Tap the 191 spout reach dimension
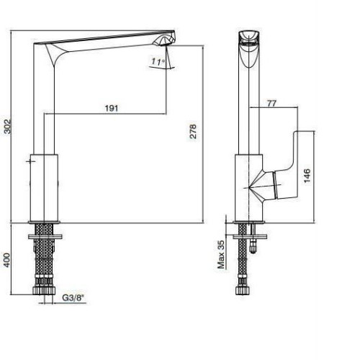point(112,108)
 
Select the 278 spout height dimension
point(193,131)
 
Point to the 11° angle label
point(158,62)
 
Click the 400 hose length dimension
point(7,260)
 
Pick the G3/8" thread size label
point(73,298)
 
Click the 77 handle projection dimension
point(271,103)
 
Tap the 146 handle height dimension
point(307,176)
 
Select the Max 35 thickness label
point(220,254)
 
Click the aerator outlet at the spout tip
point(163,41)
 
